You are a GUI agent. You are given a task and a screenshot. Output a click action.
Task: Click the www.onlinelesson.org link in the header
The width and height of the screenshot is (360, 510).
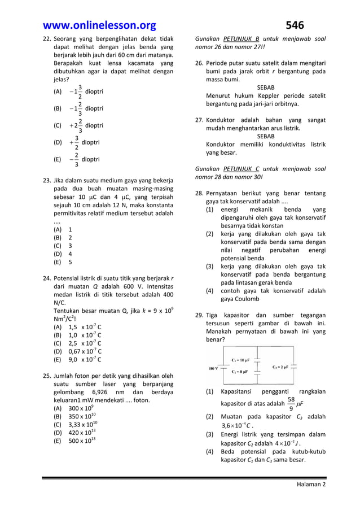coord(100,25)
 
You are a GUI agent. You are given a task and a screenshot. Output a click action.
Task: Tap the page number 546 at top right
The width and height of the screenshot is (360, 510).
coord(294,25)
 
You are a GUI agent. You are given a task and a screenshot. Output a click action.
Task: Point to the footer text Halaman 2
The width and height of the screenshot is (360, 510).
coord(311,484)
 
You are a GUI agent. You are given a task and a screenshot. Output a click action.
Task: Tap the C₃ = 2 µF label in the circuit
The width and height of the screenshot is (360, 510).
coord(279,366)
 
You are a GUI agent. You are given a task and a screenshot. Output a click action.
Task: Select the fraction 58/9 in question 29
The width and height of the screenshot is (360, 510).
coord(291,404)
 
